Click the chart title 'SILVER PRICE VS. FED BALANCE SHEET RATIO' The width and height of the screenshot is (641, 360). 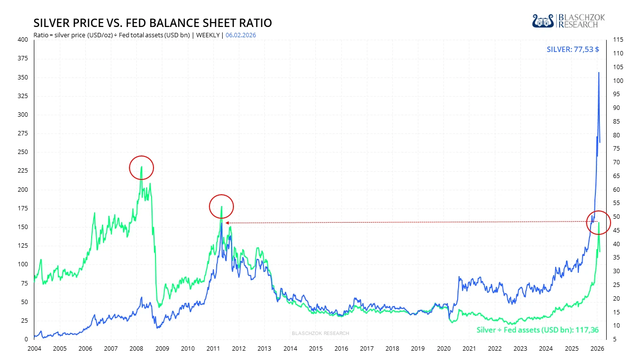153,23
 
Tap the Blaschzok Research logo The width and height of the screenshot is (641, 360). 568,21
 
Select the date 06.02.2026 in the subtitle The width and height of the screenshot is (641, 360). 241,35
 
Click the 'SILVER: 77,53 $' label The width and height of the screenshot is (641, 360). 573,50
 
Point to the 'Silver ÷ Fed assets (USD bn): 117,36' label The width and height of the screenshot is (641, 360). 538,330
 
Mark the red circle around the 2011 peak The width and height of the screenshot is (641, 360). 222,206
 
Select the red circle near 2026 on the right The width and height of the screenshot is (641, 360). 598,223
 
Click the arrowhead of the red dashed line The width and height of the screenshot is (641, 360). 227,223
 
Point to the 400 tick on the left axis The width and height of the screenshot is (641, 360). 23,40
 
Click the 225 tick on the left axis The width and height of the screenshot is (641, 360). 23,171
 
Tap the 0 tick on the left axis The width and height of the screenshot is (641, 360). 26,339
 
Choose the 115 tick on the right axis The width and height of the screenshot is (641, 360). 618,40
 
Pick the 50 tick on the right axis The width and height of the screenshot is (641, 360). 617,217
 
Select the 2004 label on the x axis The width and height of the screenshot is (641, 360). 34,349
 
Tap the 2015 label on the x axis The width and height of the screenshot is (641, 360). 316,349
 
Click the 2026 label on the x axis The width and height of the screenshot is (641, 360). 597,349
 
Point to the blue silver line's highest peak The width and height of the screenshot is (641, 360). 598,73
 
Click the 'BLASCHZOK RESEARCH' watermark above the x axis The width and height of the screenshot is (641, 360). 320,334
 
